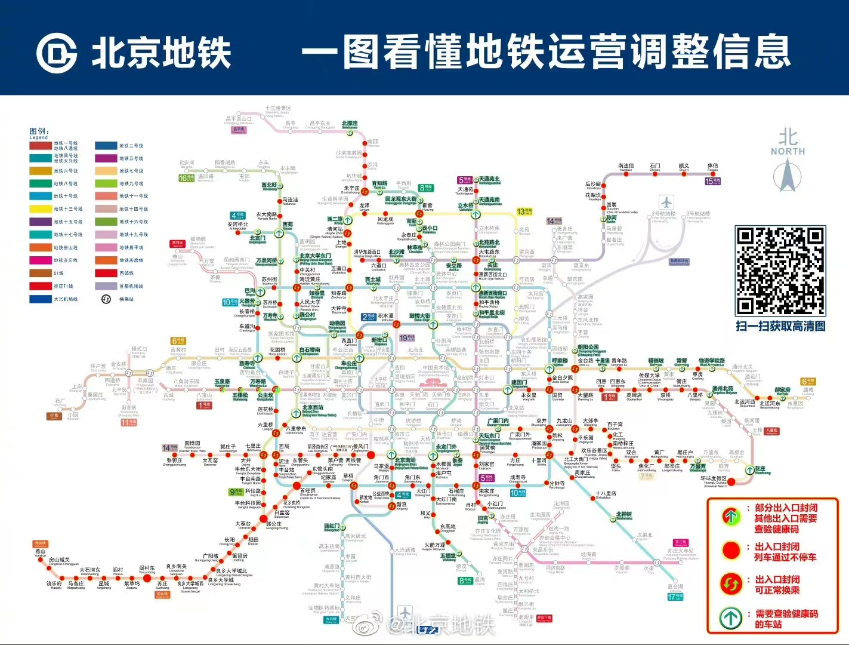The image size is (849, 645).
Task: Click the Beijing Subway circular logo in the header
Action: (x=56, y=53)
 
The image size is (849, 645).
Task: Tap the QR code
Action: (x=780, y=271)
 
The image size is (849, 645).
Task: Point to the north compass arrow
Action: (x=787, y=176)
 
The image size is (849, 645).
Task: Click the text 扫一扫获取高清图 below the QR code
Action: (x=780, y=326)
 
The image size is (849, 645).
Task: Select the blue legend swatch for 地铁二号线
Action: (x=106, y=146)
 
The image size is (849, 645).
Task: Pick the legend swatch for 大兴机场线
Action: (x=41, y=299)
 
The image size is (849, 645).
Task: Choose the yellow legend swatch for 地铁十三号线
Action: (x=41, y=209)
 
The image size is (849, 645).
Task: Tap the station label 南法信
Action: (x=626, y=166)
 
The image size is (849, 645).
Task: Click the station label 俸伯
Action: (x=713, y=166)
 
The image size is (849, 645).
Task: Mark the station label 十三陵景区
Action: (x=278, y=109)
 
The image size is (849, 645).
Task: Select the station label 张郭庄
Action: (x=174, y=460)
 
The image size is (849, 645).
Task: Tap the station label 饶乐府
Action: (x=54, y=583)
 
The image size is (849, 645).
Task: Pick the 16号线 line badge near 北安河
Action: (x=186, y=178)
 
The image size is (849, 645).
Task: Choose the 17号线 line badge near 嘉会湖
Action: (x=675, y=596)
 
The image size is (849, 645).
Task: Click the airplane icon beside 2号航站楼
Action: (x=666, y=202)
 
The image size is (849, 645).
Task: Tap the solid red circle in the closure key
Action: (x=731, y=551)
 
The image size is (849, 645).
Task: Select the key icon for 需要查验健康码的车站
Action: (x=731, y=618)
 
